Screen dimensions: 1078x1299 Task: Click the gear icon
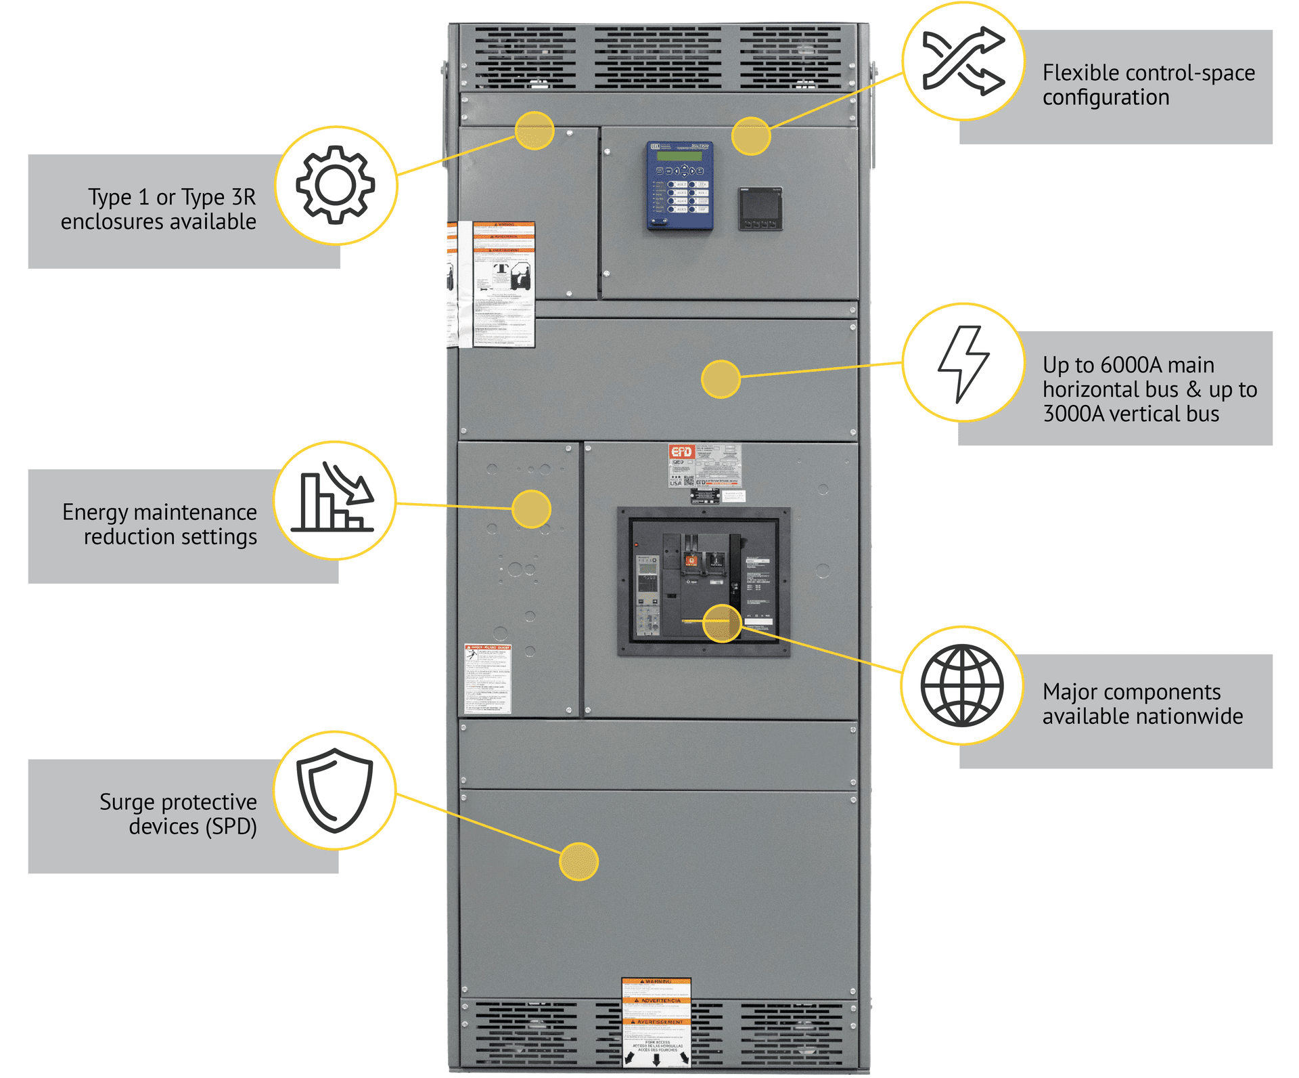pos(336,185)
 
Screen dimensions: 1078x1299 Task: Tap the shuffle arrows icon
pos(963,61)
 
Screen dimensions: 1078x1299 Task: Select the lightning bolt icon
pos(963,364)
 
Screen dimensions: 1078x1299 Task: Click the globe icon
pos(961,685)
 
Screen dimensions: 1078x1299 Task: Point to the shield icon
pos(335,790)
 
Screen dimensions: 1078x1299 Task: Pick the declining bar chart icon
pos(334,500)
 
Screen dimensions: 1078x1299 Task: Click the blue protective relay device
pos(679,186)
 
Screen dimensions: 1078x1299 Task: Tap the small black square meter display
pos(760,209)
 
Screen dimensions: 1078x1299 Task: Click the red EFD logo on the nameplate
pos(681,452)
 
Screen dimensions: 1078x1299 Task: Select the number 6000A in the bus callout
pos(1131,365)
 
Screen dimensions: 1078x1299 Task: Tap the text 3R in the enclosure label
pos(244,197)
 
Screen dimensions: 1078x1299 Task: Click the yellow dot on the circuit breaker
pos(722,623)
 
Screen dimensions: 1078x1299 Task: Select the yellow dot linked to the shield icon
pos(578,861)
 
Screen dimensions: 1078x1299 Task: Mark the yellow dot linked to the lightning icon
pos(721,379)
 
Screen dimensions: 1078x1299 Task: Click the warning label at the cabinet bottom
pos(656,1022)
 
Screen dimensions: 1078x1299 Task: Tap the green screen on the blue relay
pos(679,156)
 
